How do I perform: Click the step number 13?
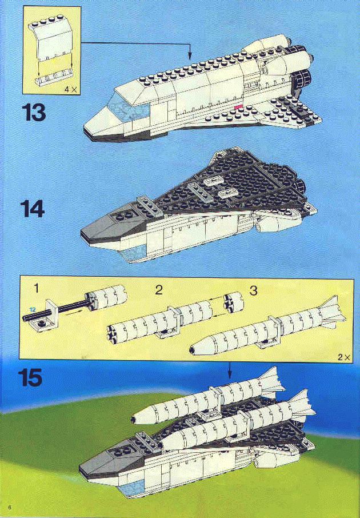34,112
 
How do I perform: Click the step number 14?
33,209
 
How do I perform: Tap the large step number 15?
30,377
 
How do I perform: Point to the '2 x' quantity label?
344,357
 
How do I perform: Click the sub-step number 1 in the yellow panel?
37,288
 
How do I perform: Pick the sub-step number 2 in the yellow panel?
159,290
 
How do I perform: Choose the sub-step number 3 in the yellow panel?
253,290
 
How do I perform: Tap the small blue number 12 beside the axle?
33,309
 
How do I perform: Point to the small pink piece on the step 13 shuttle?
238,107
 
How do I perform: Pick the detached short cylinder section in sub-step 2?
234,302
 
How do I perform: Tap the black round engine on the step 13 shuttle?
303,79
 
